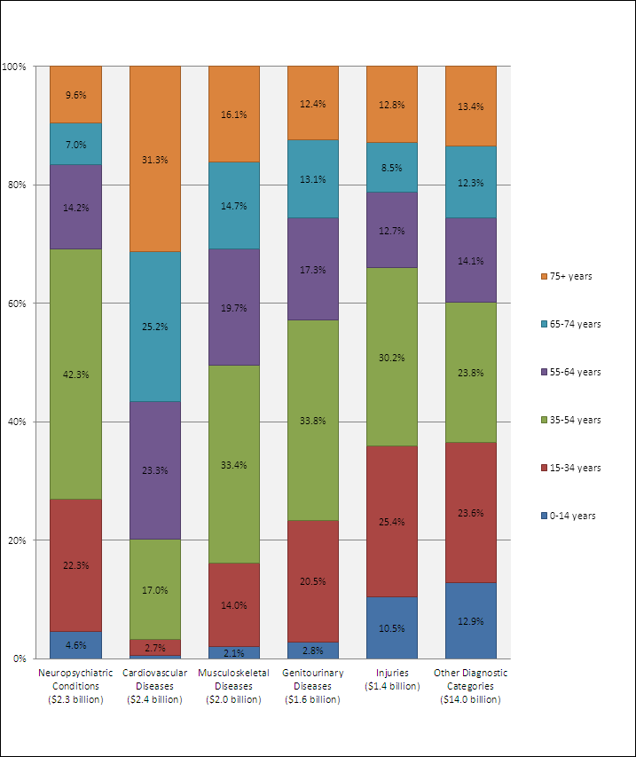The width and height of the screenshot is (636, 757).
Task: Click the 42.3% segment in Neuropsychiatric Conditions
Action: (x=75, y=374)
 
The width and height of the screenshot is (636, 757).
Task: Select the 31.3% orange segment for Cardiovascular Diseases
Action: (x=154, y=159)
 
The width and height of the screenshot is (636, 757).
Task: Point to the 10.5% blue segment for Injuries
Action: (x=391, y=627)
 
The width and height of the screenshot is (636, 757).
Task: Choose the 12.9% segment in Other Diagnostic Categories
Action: (x=470, y=620)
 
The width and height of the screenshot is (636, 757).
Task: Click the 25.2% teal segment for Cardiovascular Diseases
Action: (x=154, y=326)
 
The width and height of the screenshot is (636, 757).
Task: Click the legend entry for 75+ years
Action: (x=568, y=276)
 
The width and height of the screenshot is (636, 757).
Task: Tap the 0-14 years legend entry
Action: (x=569, y=516)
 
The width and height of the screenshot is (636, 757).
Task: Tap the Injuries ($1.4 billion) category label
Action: (x=391, y=679)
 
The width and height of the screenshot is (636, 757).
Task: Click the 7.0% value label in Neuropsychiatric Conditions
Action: (x=75, y=144)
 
